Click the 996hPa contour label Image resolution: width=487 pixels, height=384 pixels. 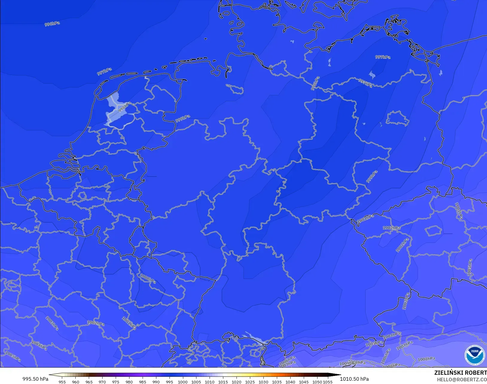pyautogui.click(x=52, y=24)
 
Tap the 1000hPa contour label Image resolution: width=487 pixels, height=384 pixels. pyautogui.click(x=148, y=279)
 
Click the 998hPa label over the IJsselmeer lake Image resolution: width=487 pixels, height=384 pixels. pyautogui.click(x=124, y=107)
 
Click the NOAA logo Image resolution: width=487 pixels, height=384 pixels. pyautogui.click(x=474, y=355)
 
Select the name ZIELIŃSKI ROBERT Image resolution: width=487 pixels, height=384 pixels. pyautogui.click(x=460, y=373)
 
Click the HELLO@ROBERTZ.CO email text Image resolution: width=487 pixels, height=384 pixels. pyautogui.click(x=462, y=380)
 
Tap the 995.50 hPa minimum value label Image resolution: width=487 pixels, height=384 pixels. pyautogui.click(x=35, y=379)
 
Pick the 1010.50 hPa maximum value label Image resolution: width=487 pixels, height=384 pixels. pyautogui.click(x=354, y=379)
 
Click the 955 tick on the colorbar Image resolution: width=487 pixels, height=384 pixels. pyautogui.click(x=62, y=382)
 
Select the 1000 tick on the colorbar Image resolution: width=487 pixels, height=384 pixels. pyautogui.click(x=183, y=382)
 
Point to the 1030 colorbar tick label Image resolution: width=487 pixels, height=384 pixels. pyautogui.click(x=263, y=382)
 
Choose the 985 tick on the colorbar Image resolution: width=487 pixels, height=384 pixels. pyautogui.click(x=143, y=382)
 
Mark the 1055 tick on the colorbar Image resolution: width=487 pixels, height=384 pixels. pyautogui.click(x=328, y=382)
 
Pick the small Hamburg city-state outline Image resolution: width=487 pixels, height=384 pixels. pyautogui.click(x=235, y=89)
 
